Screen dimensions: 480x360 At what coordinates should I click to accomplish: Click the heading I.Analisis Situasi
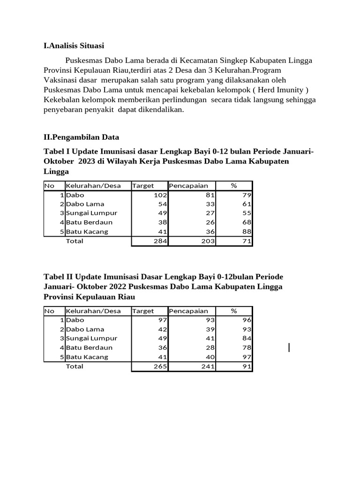point(74,45)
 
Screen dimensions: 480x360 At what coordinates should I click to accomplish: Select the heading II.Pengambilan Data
point(81,137)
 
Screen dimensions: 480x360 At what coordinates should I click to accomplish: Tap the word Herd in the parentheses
point(267,90)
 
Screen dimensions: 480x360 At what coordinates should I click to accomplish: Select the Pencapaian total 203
point(208,241)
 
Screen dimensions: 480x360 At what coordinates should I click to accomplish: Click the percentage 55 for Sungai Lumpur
point(247,213)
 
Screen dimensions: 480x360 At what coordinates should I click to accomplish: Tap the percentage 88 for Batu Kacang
point(247,232)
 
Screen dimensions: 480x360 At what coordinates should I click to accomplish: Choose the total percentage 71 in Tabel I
point(247,241)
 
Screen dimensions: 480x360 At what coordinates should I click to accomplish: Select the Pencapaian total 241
point(208,367)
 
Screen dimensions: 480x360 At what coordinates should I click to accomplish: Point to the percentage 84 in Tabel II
point(247,338)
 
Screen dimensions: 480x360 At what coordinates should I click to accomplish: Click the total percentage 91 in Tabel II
point(247,367)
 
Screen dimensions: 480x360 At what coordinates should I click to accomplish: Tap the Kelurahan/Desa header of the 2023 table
point(93,186)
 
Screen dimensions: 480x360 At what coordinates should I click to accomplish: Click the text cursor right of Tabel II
point(289,347)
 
